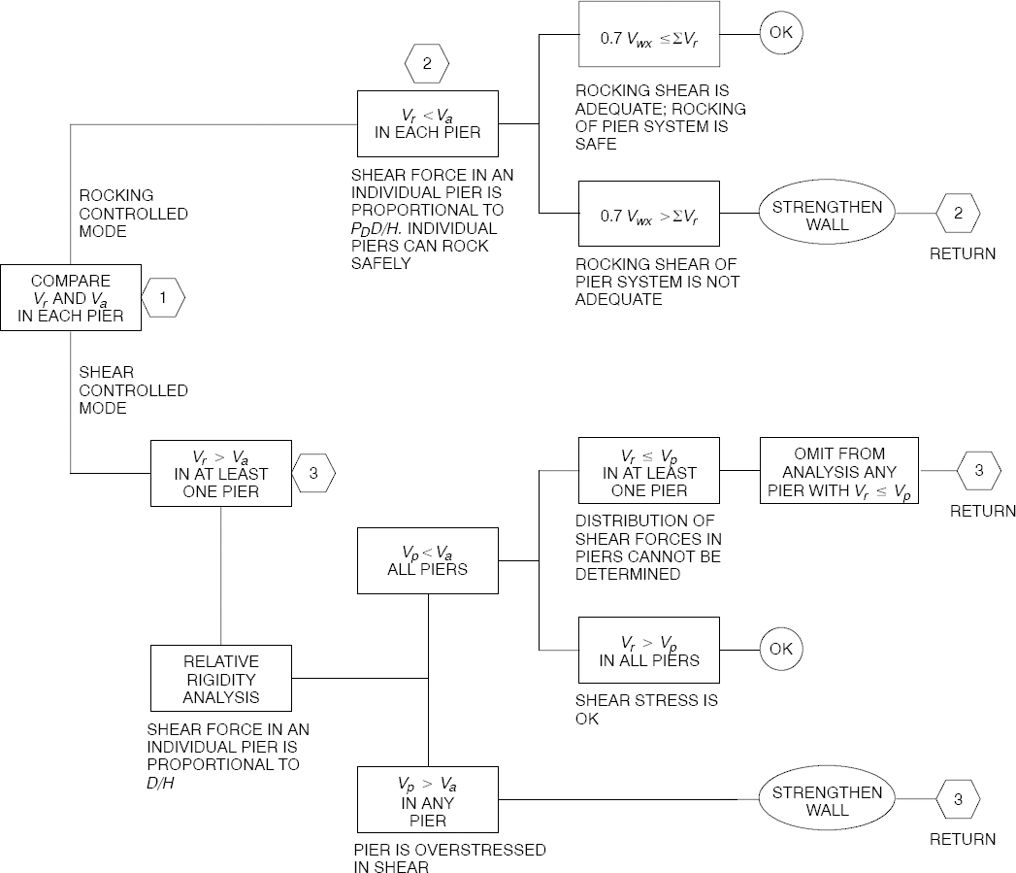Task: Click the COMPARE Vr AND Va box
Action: [70, 298]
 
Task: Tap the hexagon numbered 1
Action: [164, 299]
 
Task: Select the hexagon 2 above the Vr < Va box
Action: [426, 65]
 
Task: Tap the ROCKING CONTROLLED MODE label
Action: [133, 213]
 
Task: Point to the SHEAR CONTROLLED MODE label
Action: [133, 389]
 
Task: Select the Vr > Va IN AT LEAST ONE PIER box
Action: [221, 473]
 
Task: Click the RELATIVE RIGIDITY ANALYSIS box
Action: [221, 679]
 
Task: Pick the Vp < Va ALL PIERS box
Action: [427, 560]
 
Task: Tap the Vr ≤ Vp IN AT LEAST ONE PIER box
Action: [648, 472]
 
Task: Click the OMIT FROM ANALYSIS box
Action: [838, 471]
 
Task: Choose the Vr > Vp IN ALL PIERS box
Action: [648, 651]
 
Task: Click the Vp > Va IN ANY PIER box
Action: [427, 801]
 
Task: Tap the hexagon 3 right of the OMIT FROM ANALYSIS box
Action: [978, 471]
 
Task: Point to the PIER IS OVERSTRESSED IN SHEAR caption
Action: [448, 858]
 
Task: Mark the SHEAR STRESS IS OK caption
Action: [646, 709]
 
